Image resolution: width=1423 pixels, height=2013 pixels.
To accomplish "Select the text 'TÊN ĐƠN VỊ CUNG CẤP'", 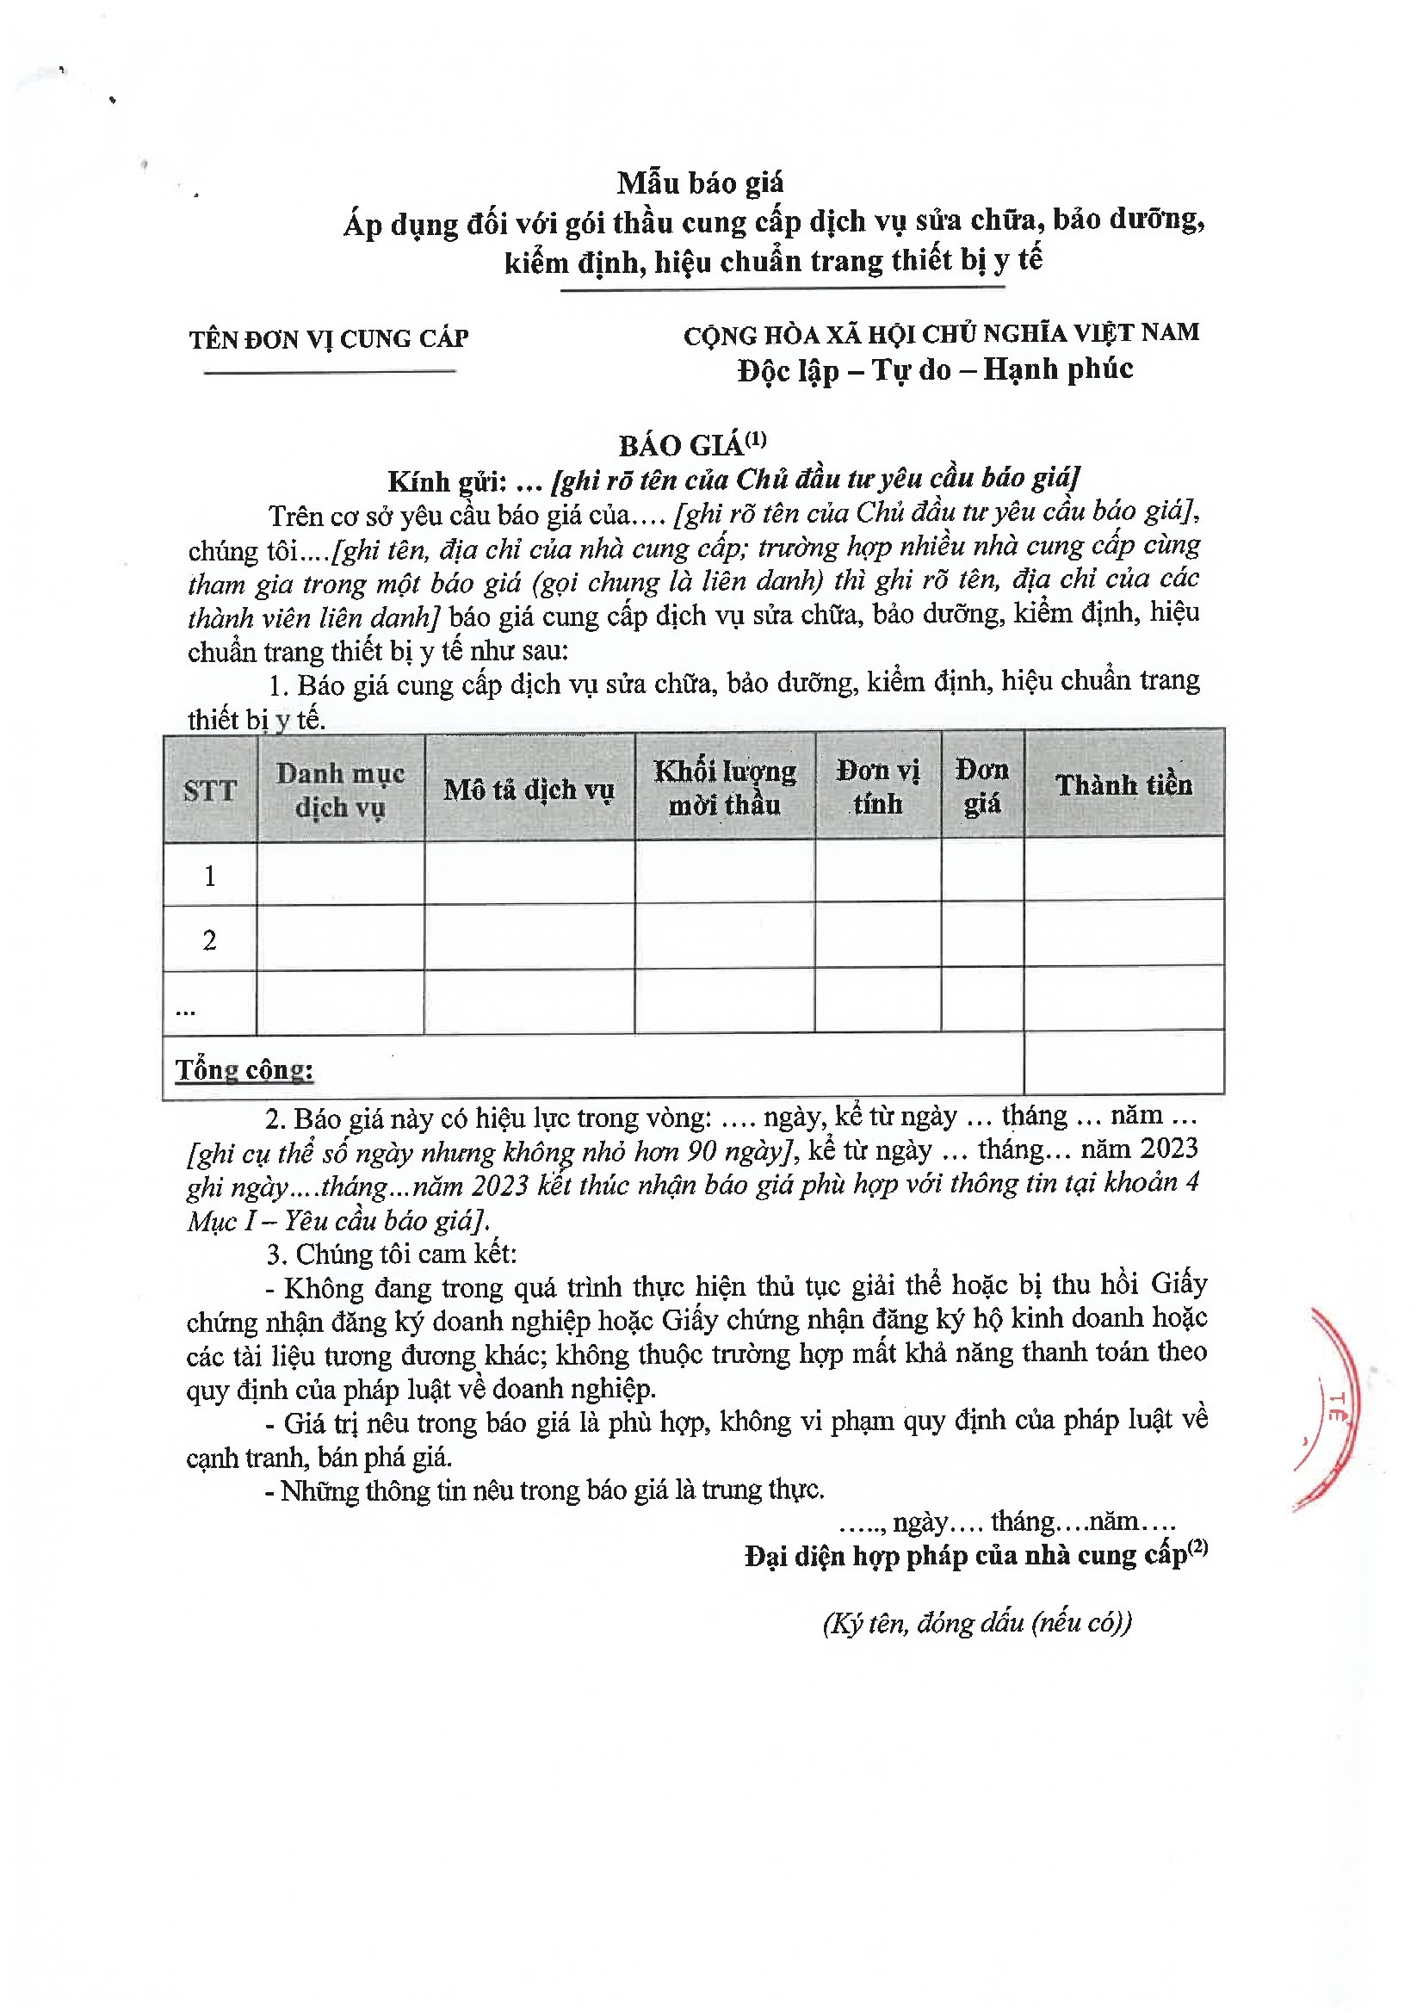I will coord(329,339).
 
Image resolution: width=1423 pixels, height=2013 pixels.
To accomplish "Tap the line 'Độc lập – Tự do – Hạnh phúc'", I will coord(935,370).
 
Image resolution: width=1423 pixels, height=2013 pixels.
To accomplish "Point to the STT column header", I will coord(209,790).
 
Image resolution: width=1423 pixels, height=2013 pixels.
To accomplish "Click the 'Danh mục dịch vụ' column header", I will coord(340,790).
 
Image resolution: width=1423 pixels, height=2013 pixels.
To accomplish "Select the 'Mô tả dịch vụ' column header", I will coord(529,790).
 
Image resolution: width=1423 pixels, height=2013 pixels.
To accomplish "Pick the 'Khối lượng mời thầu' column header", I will coord(724,787).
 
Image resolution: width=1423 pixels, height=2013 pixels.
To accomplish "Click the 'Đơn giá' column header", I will coord(982,785).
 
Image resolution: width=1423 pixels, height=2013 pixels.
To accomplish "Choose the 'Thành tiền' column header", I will coord(1123,784).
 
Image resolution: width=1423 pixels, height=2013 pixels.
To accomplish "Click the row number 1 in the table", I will coord(209,875).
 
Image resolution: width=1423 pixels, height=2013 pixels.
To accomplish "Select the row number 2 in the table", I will coord(209,940).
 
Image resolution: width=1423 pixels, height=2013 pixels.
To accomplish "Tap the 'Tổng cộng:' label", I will coord(244,1069).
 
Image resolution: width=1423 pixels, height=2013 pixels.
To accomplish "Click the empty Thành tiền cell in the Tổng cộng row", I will coord(1123,1062).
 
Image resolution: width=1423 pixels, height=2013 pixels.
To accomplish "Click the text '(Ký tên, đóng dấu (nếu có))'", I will coord(977,1623).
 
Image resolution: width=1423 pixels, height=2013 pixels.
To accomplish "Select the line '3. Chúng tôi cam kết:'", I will coord(392,1254).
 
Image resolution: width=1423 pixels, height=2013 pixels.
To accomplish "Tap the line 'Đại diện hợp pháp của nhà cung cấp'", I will coord(975,1556).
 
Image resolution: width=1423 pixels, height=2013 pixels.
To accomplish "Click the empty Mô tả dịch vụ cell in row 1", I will coord(529,873).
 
